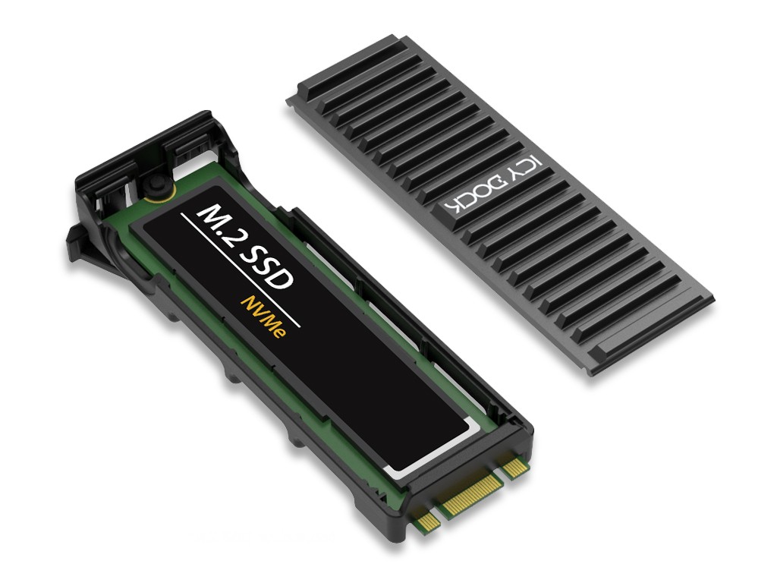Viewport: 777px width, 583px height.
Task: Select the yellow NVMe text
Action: click(263, 317)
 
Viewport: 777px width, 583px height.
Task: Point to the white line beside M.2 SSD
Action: click(241, 270)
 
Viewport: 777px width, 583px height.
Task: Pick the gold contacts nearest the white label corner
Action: click(515, 467)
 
